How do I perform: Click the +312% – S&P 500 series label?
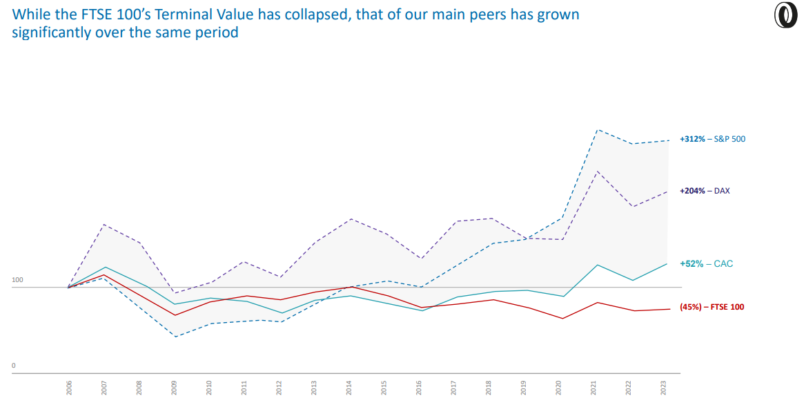pos(712,139)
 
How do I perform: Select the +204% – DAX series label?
pos(704,190)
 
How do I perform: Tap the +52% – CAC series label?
pos(706,263)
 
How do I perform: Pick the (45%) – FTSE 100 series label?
pos(712,307)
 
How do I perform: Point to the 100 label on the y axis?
pos(17,280)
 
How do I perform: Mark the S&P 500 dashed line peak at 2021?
pos(596,130)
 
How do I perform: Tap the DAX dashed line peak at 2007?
pos(104,225)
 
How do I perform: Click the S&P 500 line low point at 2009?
pos(175,337)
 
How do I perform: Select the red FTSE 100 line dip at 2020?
pos(562,319)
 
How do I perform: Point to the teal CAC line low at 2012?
pos(280,313)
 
